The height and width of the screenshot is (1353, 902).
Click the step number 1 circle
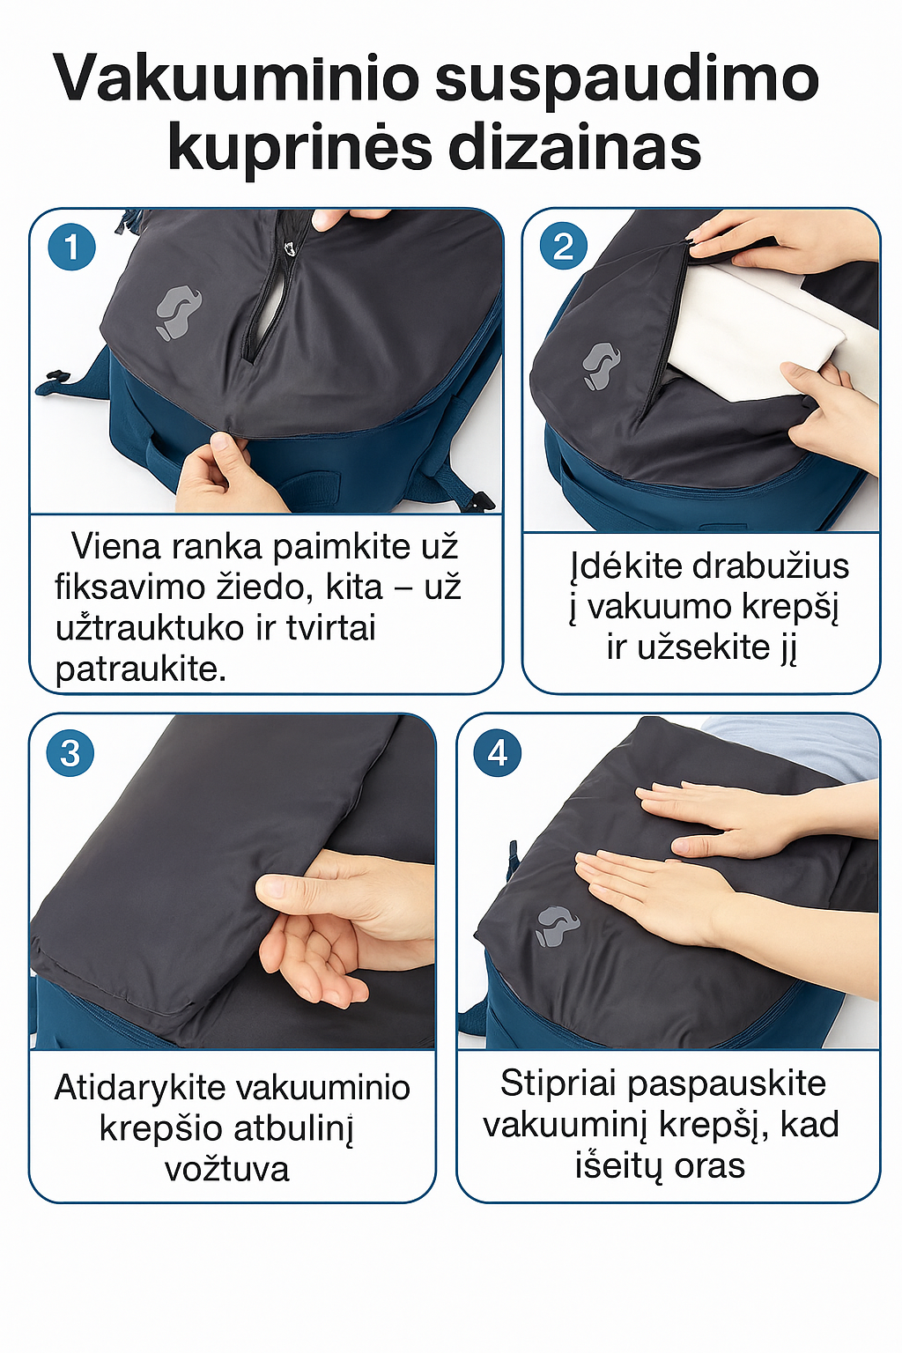tap(71, 248)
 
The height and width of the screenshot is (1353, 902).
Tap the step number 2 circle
tap(563, 246)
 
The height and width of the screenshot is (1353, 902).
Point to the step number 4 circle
tap(497, 753)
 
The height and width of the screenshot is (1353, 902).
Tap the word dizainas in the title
tap(575, 148)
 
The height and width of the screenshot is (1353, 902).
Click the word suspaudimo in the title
tap(627, 79)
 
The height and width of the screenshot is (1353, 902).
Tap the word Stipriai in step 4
tap(557, 1083)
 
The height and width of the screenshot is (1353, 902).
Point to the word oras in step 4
tap(709, 1165)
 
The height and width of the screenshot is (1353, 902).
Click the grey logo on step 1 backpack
tap(177, 312)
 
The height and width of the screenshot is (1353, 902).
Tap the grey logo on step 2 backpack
tap(601, 366)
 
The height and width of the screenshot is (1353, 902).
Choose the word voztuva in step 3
tap(227, 1169)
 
